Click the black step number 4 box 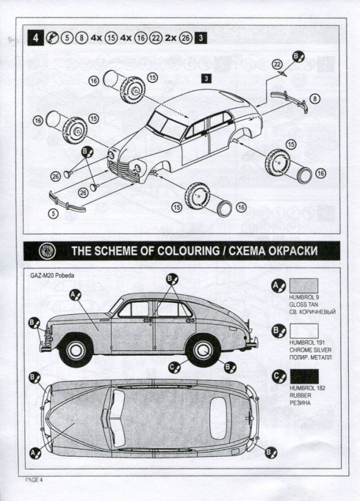point(35,39)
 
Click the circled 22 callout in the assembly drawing point(277,63)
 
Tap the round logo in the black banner point(44,249)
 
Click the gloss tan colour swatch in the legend point(303,286)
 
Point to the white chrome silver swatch point(303,330)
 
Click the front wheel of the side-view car point(76,350)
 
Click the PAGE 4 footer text point(34,479)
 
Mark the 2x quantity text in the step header point(170,39)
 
